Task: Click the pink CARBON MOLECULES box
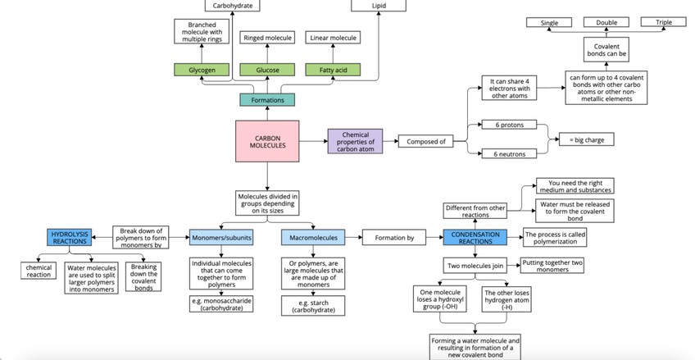click(x=268, y=142)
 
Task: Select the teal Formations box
click(x=268, y=100)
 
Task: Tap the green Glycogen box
click(x=202, y=71)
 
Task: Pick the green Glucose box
click(x=267, y=71)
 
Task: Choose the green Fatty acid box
click(x=332, y=71)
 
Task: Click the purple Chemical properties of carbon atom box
click(x=355, y=141)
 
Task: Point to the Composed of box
click(x=426, y=141)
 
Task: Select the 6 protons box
click(x=508, y=125)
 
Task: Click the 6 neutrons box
click(x=508, y=153)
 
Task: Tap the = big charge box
click(x=586, y=139)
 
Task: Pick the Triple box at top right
click(x=664, y=22)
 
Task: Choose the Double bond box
click(x=606, y=22)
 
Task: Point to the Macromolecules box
click(x=315, y=238)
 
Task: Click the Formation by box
click(x=400, y=238)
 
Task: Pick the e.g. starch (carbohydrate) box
click(x=315, y=306)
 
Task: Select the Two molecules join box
click(x=475, y=266)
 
